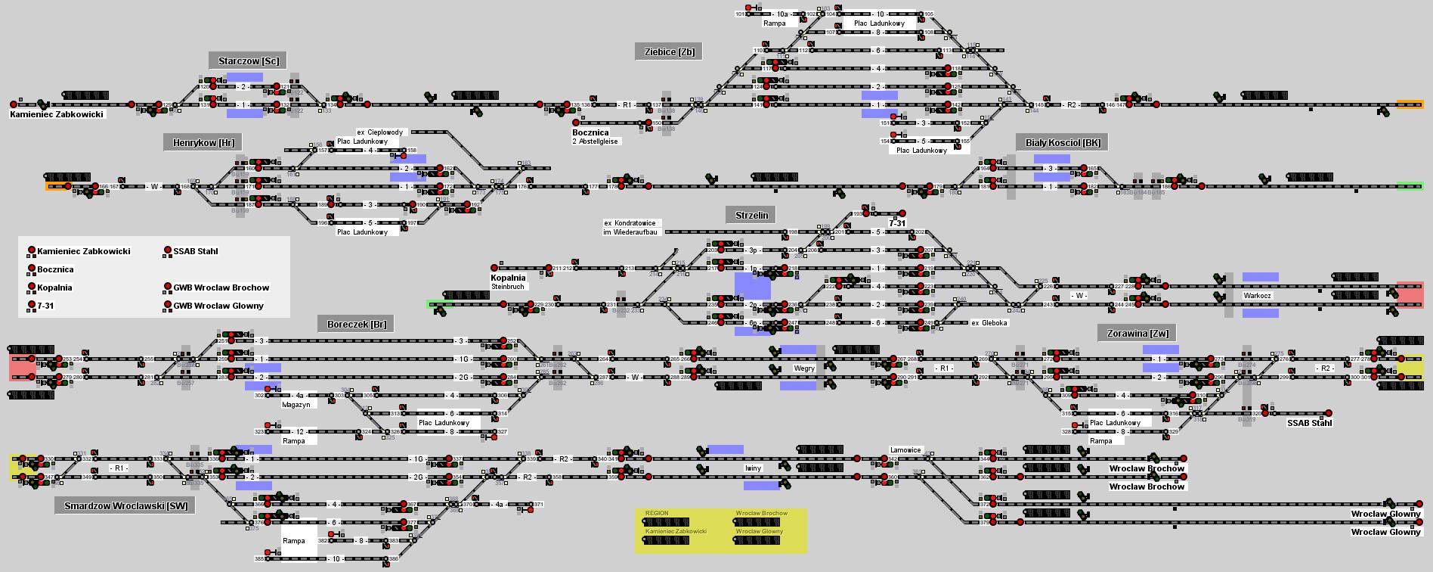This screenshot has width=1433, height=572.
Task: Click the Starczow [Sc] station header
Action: [x=248, y=61]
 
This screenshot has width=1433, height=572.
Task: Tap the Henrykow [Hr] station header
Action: [x=203, y=142]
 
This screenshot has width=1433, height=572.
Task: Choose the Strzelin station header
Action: [x=751, y=215]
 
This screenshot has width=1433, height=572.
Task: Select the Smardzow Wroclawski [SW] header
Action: [x=125, y=505]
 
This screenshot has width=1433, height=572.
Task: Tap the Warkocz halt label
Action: [x=1257, y=296]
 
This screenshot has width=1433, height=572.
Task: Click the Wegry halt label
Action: [x=803, y=368]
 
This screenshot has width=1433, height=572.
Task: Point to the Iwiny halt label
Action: [x=752, y=468]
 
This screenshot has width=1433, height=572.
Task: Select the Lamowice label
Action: [x=905, y=450]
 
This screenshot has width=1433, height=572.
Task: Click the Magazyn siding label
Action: [x=296, y=405]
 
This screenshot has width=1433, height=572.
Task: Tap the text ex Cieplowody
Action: [x=379, y=132]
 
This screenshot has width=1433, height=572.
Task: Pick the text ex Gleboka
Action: [x=989, y=323]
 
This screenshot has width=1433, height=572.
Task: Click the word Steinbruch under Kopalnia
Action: [x=508, y=287]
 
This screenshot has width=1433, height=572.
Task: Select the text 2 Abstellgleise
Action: [x=595, y=141]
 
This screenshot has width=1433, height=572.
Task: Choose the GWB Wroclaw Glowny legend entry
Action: [x=218, y=306]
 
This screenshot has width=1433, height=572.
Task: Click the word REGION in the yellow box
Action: [x=657, y=513]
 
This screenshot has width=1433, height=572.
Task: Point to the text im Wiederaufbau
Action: [x=630, y=232]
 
